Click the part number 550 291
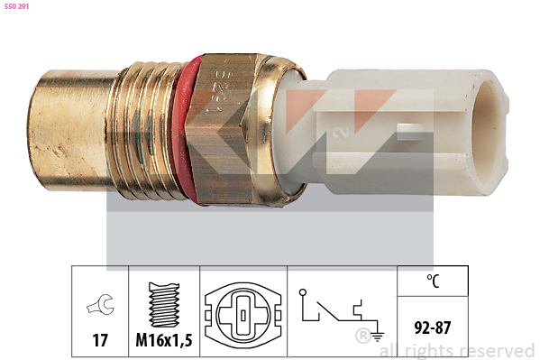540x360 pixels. click(x=16, y=6)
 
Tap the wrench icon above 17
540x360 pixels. click(x=100, y=304)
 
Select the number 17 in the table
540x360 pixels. click(x=100, y=340)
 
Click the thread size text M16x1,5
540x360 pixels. click(x=164, y=340)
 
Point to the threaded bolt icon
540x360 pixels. click(x=164, y=305)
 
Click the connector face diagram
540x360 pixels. click(x=243, y=315)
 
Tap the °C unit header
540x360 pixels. click(x=433, y=281)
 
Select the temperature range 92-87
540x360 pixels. click(x=433, y=328)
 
